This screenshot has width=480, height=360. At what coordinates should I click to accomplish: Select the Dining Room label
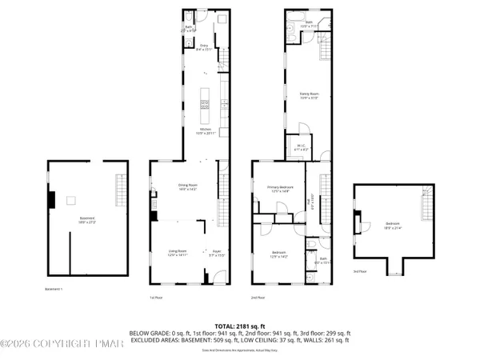click(188, 187)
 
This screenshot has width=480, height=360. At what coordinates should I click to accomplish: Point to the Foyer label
click(216, 254)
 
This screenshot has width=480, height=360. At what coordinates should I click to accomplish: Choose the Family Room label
click(309, 97)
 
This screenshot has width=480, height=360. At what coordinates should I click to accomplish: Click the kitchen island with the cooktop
click(204, 99)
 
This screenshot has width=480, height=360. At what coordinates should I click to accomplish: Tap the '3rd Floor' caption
click(360, 272)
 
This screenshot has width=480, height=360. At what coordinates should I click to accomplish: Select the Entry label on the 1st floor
click(204, 47)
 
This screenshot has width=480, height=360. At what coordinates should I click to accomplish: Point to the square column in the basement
click(70, 200)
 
